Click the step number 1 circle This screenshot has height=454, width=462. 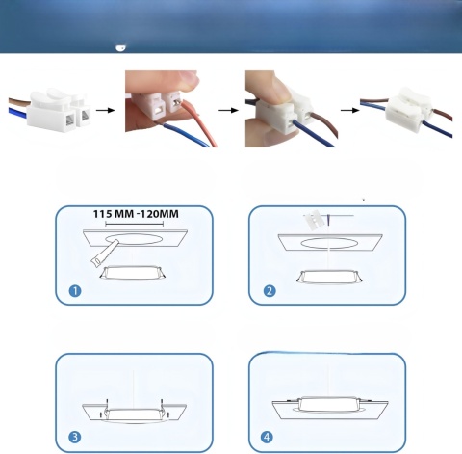(75, 291)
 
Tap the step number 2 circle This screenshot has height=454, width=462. (269, 291)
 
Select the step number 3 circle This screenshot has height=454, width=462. (75, 437)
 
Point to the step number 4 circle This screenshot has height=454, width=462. (267, 437)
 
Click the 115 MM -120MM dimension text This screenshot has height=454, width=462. (136, 214)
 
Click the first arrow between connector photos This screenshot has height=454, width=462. (105, 110)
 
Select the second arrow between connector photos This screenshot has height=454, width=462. (228, 110)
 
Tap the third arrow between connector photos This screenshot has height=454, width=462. (350, 110)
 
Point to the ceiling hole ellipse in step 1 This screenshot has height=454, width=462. (134, 239)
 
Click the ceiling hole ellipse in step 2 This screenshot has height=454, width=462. (329, 243)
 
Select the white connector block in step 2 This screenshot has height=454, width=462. (313, 220)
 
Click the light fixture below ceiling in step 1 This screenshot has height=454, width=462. (133, 273)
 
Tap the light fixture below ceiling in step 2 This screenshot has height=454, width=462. (330, 277)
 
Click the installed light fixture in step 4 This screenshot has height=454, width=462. (328, 404)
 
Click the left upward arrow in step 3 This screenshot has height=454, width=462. (101, 414)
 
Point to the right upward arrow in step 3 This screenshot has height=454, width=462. (168, 414)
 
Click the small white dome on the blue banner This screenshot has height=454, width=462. (120, 48)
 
